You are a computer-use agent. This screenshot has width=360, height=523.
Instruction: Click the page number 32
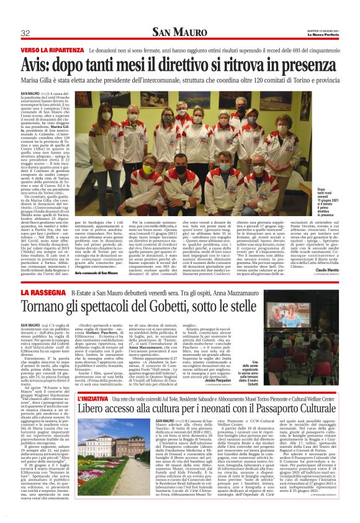click(x=25, y=34)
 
